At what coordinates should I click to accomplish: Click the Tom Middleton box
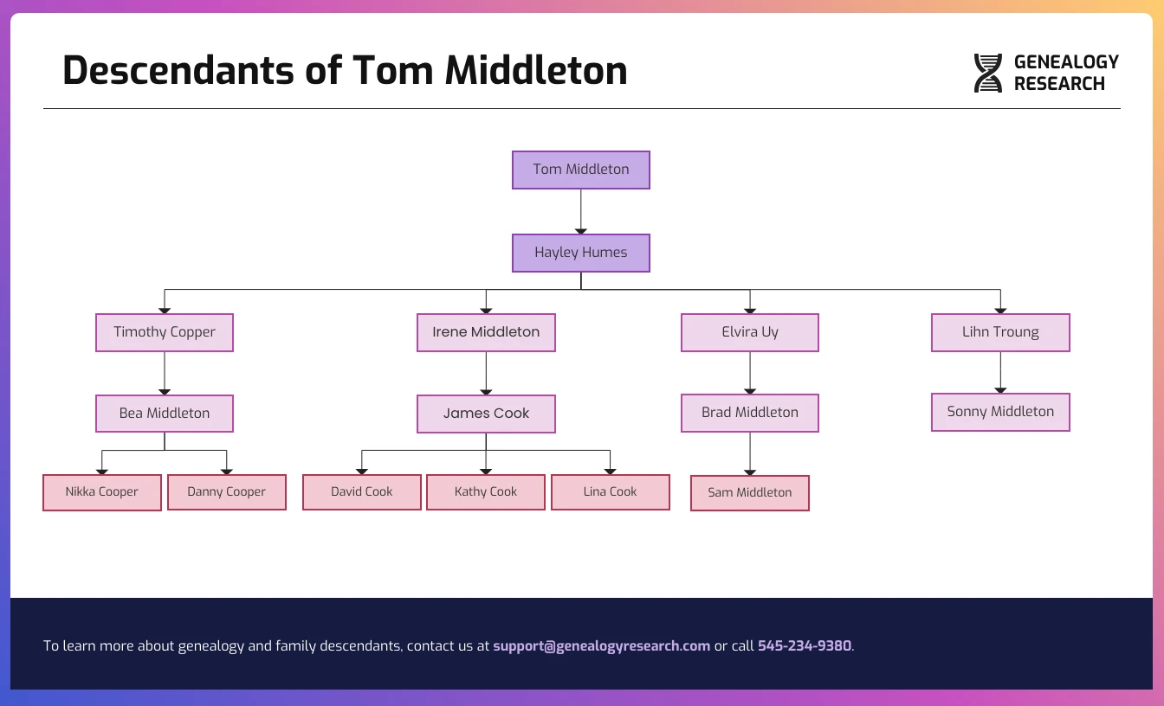[580, 170]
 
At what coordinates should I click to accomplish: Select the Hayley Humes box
[580, 253]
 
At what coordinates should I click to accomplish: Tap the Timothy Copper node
[165, 332]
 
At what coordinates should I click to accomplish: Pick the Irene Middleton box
[486, 332]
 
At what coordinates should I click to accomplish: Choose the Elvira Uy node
[750, 332]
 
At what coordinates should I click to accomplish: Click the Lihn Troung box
[1000, 332]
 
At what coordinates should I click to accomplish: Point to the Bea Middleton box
[165, 414]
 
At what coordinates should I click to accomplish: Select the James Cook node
[486, 414]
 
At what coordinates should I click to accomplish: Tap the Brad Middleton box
[750, 413]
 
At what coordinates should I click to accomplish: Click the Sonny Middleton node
[1000, 412]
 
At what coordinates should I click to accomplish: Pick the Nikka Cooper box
[102, 492]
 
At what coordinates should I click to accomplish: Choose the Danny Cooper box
[227, 492]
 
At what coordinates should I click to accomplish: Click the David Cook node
[362, 492]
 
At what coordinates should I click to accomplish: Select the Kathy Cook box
[486, 492]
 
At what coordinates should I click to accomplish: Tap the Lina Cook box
[611, 492]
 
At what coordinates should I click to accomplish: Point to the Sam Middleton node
[750, 493]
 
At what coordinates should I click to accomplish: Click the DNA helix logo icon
[987, 73]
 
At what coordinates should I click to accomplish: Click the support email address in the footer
[601, 646]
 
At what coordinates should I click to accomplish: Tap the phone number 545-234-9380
[805, 646]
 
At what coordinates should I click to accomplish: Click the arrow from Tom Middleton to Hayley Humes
[580, 211]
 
